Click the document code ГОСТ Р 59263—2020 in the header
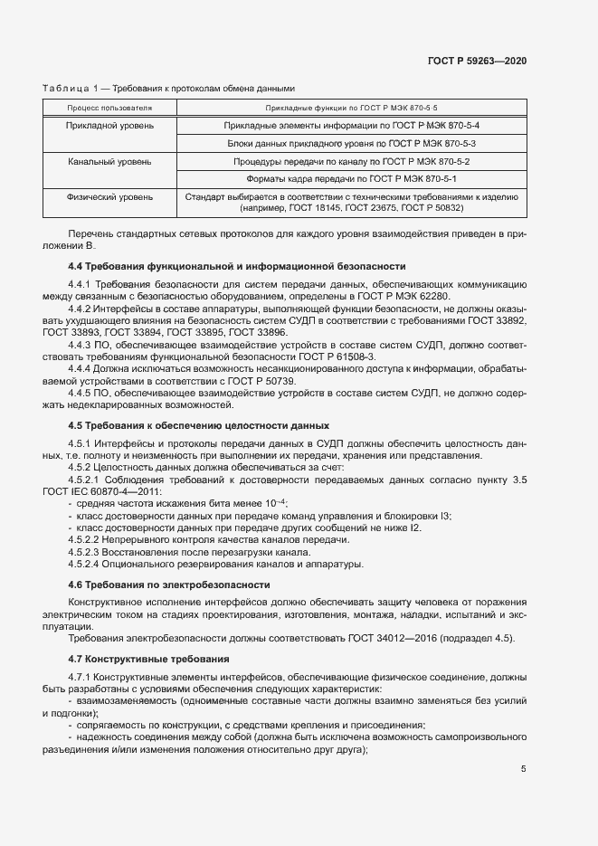[x=477, y=61]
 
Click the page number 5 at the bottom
[x=523, y=769]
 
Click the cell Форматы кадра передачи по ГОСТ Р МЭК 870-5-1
[x=351, y=178]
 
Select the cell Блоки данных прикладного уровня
[x=351, y=143]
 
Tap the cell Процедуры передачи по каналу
[x=351, y=161]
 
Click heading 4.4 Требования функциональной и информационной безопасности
[x=237, y=266]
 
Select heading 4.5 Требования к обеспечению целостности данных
[x=198, y=425]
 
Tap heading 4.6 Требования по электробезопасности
[x=169, y=585]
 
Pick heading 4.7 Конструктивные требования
[x=149, y=658]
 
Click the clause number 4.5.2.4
[x=86, y=565]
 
